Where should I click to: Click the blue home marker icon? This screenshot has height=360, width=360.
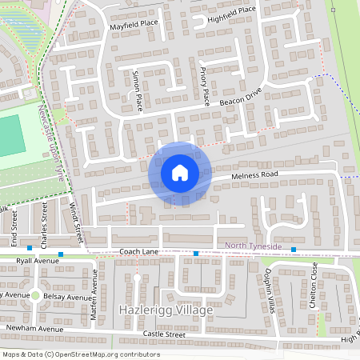pos(180,173)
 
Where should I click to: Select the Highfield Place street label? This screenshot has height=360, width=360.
pos(231,10)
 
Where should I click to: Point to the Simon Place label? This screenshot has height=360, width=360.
pos(136,92)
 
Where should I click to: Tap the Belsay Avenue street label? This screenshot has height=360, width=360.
pos(67,297)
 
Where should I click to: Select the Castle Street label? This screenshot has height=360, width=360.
pos(163,333)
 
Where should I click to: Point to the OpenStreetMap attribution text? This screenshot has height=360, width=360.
pos(80,354)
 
